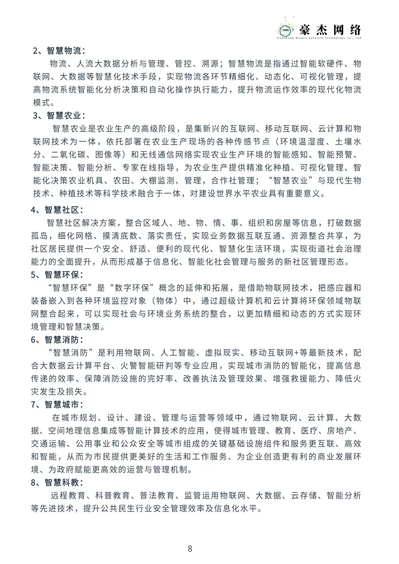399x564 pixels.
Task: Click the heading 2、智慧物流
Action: coord(59,51)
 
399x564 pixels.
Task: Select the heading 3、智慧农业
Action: coord(59,116)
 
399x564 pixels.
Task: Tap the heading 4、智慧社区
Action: coord(57,210)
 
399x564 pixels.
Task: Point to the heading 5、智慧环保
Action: coord(57,275)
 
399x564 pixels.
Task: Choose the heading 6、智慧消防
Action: coord(57,340)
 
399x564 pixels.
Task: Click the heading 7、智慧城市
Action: coord(57,405)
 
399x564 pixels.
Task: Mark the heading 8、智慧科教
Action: coord(57,482)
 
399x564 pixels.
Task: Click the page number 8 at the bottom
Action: coord(190,548)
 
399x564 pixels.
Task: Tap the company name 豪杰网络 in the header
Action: coord(330,30)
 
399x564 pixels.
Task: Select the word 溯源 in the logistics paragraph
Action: coord(210,64)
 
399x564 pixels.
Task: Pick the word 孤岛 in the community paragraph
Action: coord(40,236)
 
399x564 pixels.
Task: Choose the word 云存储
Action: coord(304,496)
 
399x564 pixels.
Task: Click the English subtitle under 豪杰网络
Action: coord(319,38)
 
